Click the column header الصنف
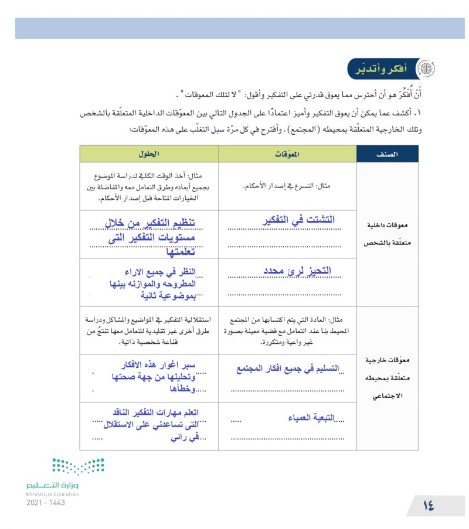(x=388, y=154)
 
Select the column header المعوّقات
(x=287, y=154)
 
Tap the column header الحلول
(x=149, y=154)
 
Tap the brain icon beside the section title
(x=424, y=69)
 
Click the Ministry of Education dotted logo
(x=77, y=466)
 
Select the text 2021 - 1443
(x=46, y=503)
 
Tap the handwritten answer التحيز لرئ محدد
(x=295, y=270)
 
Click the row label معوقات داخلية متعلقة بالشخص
(x=388, y=233)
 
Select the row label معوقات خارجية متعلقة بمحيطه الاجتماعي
(x=388, y=378)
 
